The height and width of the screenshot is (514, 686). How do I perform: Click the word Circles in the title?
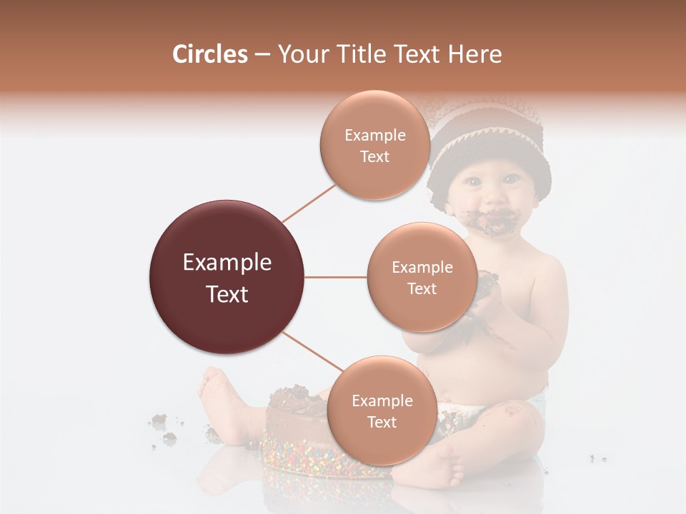(209, 54)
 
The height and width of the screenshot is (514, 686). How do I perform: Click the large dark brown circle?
(227, 278)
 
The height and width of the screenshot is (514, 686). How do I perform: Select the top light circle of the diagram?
(375, 146)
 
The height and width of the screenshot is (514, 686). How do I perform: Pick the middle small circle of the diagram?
(422, 278)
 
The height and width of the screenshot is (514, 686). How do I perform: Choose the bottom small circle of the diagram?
(382, 411)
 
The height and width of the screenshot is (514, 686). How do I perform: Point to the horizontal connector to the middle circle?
(336, 278)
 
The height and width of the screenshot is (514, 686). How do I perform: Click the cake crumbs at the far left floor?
(164, 428)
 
